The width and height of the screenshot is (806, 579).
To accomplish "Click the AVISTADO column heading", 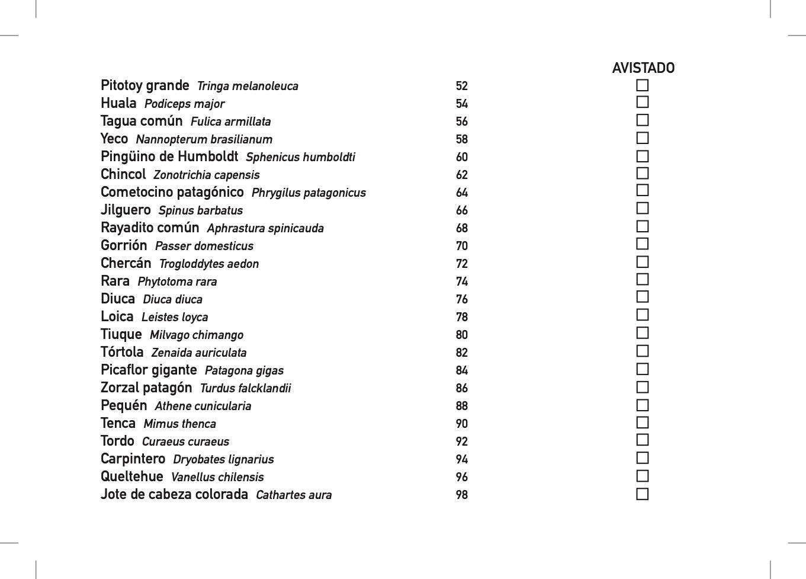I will coord(643,68).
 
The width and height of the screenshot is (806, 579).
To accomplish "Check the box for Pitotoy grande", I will coord(643,85).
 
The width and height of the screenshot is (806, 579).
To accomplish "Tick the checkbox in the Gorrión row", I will coord(643,244).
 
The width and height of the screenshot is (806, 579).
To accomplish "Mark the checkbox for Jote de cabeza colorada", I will coord(643,494).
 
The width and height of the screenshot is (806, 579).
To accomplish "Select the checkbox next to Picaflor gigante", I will coord(643,369).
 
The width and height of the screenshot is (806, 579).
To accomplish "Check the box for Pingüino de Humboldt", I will coord(643,156).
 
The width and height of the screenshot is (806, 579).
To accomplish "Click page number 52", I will coord(462,87).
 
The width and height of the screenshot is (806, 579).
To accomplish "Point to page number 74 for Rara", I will coord(462,282).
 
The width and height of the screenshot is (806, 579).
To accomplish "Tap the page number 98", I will coord(462,495).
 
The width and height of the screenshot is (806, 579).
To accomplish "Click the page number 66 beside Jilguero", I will coord(462,211).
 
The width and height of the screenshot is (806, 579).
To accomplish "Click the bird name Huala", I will coord(118,104).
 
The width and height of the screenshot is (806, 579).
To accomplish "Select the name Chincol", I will coord(123,175).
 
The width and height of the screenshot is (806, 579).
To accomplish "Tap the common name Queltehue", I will coord(131,477).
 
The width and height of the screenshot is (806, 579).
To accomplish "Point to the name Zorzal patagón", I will coord(146,388).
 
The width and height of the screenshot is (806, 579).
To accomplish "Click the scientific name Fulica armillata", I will coord(230,122).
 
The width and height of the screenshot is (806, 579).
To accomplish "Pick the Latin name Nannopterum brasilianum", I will coord(204,140).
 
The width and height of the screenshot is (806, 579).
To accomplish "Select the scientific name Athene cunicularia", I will coord(203,407).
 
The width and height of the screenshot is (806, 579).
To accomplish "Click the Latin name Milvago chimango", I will coord(196,335).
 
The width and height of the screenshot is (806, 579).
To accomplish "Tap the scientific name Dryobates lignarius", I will coord(223,460).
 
